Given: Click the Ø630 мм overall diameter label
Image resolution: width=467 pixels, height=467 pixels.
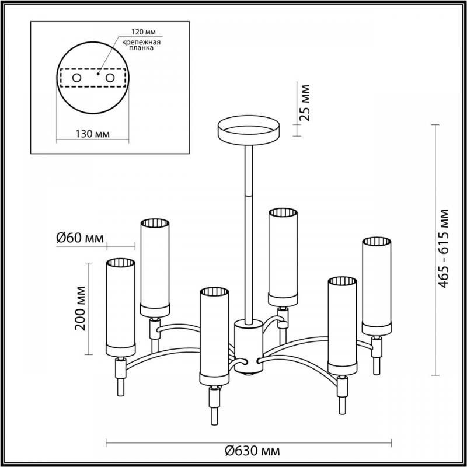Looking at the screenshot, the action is click(x=252, y=451).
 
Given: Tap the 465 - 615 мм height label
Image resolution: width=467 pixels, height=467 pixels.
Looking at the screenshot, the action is click(x=443, y=249).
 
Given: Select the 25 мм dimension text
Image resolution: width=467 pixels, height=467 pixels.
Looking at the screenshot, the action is click(x=304, y=103).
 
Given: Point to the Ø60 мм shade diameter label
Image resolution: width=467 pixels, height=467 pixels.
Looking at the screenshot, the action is click(x=80, y=238).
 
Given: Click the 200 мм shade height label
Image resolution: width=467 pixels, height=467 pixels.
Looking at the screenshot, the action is click(x=80, y=308).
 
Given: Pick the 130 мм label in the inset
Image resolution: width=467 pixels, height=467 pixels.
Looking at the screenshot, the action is click(x=92, y=134).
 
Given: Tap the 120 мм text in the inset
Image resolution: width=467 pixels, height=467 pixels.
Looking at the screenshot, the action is click(x=144, y=32).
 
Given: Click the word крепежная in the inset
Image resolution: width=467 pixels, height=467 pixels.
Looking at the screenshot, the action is click(x=141, y=42).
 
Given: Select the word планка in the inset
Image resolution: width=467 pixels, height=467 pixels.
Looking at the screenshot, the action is click(x=141, y=48).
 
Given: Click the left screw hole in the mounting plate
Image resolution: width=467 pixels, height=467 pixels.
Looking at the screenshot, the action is click(x=77, y=78).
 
